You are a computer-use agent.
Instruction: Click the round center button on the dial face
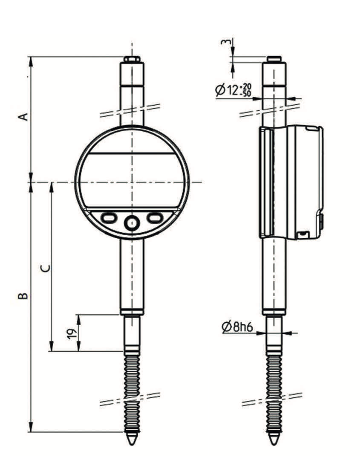tap(132, 223)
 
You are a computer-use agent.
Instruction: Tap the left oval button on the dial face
tap(108, 216)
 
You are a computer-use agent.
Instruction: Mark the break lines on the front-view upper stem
tap(132, 106)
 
